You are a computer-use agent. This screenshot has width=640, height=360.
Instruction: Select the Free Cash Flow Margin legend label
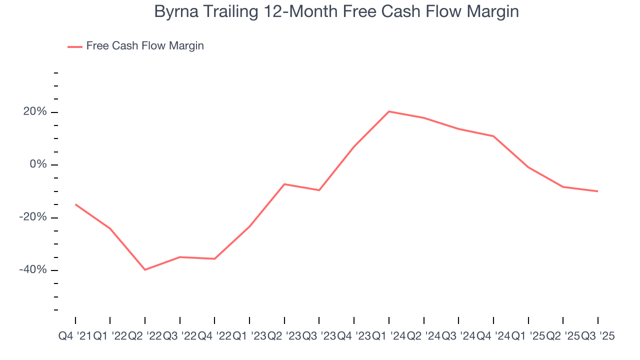[145, 46]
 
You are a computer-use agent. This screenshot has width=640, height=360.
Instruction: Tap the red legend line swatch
[75, 46]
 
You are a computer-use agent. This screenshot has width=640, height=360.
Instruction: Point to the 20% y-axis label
[35, 112]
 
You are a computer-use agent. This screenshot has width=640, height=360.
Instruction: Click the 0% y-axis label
[38, 164]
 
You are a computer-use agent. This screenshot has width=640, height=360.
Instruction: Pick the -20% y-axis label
[33, 217]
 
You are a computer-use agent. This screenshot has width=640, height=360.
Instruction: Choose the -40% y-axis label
[33, 270]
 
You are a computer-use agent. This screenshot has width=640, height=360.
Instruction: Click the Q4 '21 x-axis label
[74, 336]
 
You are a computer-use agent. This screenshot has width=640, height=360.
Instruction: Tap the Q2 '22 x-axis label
[145, 336]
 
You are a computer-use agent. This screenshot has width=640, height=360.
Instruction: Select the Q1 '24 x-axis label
[389, 336]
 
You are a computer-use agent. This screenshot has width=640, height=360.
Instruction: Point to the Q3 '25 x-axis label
[597, 336]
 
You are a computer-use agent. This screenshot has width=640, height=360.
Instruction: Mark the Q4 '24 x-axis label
[493, 336]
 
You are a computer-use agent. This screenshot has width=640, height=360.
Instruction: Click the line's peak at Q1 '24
[389, 111]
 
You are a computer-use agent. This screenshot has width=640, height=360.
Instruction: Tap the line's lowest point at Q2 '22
[145, 270]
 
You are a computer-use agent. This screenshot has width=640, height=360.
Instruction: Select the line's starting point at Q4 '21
[75, 204]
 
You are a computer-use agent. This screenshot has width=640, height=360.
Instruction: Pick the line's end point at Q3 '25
[597, 191]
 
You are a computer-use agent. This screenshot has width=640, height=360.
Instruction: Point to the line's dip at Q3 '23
[319, 190]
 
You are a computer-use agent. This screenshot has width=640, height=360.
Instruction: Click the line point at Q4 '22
[214, 258]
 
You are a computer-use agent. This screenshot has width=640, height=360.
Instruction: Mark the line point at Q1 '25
[528, 167]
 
